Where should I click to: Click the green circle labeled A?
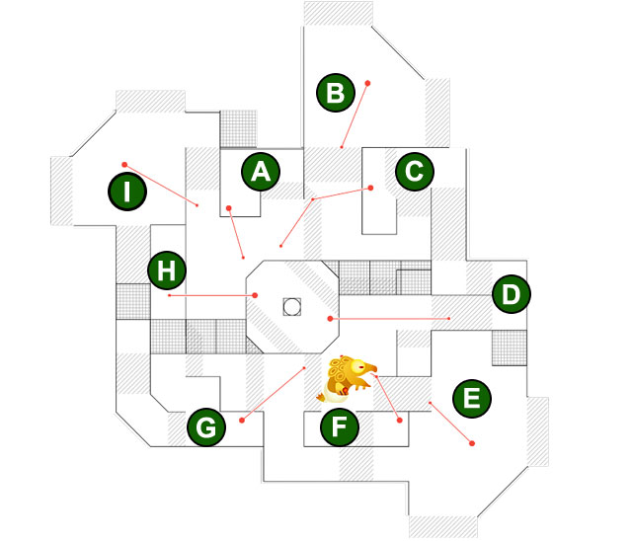pos(261,172)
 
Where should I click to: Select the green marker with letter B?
pos(336,94)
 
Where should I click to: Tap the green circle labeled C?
pos(415,172)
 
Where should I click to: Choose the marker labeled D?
pos(511,294)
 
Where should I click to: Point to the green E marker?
pos(471,399)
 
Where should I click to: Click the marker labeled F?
pos(340,428)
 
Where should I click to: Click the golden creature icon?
pos(350,377)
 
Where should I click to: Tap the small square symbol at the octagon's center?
pos(291,306)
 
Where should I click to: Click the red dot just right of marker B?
pos(367,83)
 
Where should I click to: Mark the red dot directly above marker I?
pos(124,164)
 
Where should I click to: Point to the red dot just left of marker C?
pos(371,187)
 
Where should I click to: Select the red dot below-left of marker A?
pos(228,208)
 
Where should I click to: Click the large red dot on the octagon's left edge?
pos(255,294)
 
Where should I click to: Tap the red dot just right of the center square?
pos(330,319)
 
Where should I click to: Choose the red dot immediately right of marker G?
pos(242,421)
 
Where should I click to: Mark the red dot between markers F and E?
pos(399,422)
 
